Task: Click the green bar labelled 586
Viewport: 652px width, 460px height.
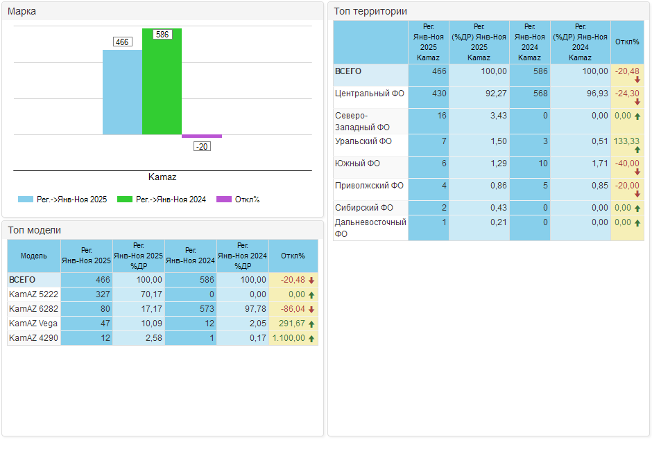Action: tap(162, 83)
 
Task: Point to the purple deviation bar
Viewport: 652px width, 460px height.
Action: tap(202, 136)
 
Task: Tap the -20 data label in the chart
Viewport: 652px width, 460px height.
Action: tap(202, 146)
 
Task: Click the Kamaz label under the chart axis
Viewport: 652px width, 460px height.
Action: tap(162, 177)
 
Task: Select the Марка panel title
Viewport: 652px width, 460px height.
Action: tap(22, 11)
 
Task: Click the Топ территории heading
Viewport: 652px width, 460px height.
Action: tap(370, 11)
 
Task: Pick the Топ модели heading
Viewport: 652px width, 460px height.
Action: tap(35, 230)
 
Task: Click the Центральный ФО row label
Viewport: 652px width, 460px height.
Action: tap(369, 93)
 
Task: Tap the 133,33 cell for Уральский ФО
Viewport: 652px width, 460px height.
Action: tap(626, 141)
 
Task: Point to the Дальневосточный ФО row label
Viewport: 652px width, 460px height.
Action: tap(370, 228)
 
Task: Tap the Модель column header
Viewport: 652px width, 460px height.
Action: tap(34, 256)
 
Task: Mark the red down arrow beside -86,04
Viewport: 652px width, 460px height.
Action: tap(311, 309)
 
